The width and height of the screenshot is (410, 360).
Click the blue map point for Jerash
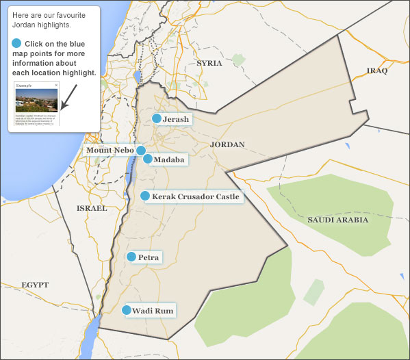[157, 119]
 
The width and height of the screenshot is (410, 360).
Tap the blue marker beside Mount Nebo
[140, 150]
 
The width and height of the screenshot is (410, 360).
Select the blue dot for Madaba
[147, 159]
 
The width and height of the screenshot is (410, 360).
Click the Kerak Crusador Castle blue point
[145, 196]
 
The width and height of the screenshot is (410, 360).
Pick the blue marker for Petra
[131, 257]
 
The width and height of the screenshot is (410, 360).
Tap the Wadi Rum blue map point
[127, 310]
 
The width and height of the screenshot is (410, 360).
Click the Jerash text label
[175, 119]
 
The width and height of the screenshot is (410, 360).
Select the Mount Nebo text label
[109, 150]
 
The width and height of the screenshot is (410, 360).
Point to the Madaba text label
[168, 159]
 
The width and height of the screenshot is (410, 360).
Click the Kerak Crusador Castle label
[196, 196]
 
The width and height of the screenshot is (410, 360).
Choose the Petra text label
[149, 257]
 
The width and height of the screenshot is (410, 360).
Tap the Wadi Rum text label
[152, 311]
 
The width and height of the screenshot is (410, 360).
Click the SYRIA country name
[209, 63]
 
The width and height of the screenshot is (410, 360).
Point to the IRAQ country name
[377, 70]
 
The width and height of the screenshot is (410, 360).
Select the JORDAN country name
[227, 145]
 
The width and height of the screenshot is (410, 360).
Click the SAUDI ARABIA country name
[337, 220]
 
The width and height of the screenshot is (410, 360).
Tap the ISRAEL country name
[91, 207]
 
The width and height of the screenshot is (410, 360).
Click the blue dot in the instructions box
[17, 43]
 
